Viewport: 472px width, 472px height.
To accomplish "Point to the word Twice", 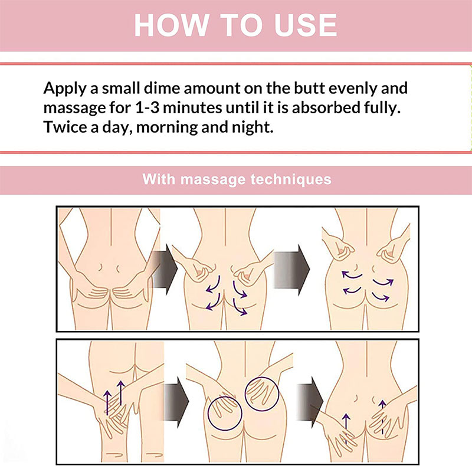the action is tap(65, 127).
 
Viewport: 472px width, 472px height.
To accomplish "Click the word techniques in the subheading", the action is tap(291, 179).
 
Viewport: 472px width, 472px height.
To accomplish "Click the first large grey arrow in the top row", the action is tap(164, 270).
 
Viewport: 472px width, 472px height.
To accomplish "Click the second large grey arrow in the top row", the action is tap(291, 270).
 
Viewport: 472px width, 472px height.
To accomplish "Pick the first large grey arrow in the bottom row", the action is tap(176, 402).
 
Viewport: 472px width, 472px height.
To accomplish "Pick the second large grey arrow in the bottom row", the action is tap(310, 402).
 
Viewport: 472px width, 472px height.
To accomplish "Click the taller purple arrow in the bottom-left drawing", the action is tap(121, 393).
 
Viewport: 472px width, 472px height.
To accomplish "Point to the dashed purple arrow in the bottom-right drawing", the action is tap(382, 417).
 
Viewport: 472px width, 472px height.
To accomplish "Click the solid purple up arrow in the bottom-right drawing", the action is tap(346, 428).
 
